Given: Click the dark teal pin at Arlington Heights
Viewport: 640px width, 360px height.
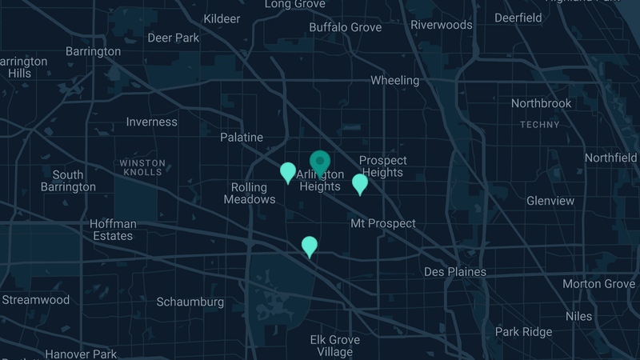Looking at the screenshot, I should (x=321, y=162).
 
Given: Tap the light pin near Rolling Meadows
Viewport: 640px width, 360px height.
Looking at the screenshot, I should (x=288, y=171).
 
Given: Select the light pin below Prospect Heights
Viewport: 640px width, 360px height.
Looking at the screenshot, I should (x=360, y=183).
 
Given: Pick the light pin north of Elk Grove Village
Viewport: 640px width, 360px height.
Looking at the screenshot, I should (x=309, y=246).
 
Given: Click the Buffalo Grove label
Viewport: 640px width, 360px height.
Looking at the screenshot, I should (x=346, y=27).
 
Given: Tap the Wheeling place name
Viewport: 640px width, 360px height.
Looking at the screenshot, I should (x=394, y=80).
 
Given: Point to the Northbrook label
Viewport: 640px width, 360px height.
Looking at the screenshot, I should (x=542, y=103).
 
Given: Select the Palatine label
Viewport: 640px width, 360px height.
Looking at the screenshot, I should (x=242, y=138).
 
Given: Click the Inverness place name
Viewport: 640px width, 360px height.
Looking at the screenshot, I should (x=152, y=122).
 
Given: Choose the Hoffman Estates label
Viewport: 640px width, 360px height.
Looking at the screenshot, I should (x=112, y=230).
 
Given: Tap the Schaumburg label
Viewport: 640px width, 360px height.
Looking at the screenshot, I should (x=190, y=302).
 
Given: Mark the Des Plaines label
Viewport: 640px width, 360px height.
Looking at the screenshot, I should (x=454, y=271).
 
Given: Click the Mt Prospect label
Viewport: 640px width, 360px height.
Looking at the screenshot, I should (x=383, y=223).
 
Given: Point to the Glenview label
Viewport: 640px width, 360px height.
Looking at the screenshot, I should (x=550, y=201).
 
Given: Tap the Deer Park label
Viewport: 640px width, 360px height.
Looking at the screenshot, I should (x=174, y=38).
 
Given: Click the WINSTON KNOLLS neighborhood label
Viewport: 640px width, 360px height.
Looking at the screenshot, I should (x=142, y=167).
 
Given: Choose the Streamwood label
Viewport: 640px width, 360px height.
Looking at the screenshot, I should (x=36, y=300).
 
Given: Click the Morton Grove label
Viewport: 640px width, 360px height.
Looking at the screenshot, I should (x=598, y=284).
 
